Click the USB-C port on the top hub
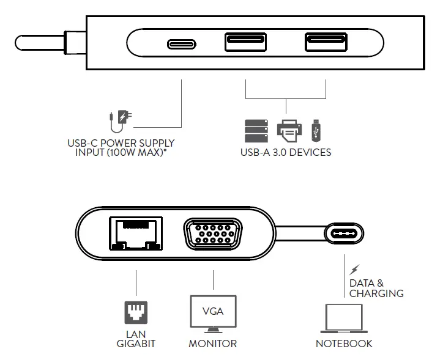click(182, 44)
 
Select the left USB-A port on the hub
click(245, 43)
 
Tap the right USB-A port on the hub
click(325, 43)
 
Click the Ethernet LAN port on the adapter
click(136, 233)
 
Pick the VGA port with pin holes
click(213, 233)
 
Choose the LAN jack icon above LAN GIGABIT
click(136, 313)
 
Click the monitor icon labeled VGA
click(213, 314)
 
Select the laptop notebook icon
click(344, 320)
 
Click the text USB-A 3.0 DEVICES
click(286, 152)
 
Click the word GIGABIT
click(136, 344)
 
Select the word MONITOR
click(212, 344)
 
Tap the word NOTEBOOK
click(344, 344)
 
